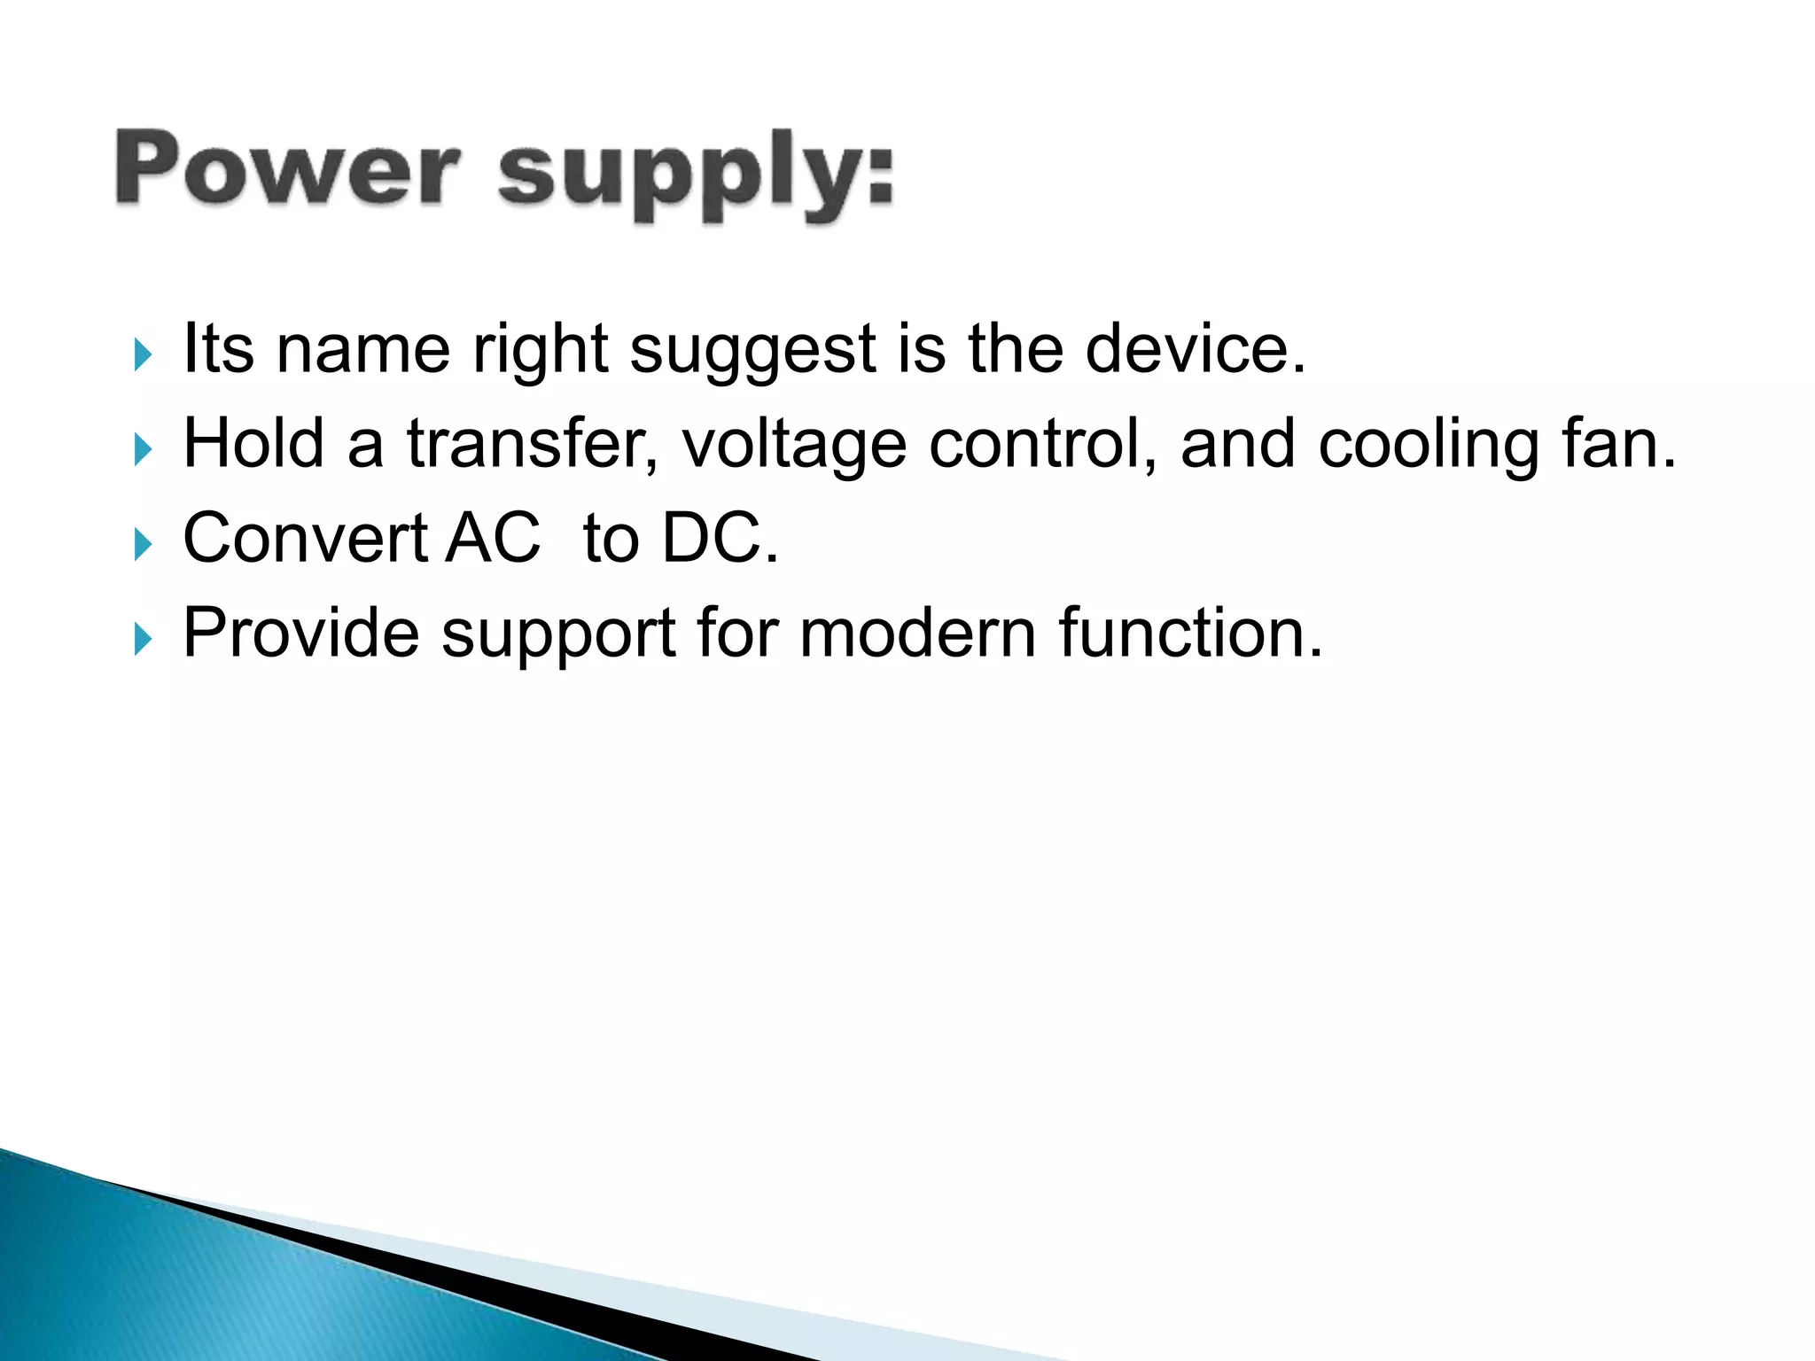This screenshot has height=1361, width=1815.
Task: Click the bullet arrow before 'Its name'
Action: point(143,354)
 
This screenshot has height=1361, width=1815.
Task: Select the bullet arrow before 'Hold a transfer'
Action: point(143,449)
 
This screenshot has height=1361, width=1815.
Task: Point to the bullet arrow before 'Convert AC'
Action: point(143,544)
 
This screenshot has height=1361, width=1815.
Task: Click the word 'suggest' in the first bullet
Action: point(752,351)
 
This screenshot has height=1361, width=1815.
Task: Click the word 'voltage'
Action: point(794,446)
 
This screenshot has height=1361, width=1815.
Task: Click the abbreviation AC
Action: point(493,538)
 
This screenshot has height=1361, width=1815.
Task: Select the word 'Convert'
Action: point(306,538)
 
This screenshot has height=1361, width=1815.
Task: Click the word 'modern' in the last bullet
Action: point(917,633)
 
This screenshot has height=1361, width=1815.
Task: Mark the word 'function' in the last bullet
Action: point(1180,633)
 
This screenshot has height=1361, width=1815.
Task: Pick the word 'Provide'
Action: point(301,633)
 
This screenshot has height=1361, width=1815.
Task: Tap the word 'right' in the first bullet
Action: point(540,351)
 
